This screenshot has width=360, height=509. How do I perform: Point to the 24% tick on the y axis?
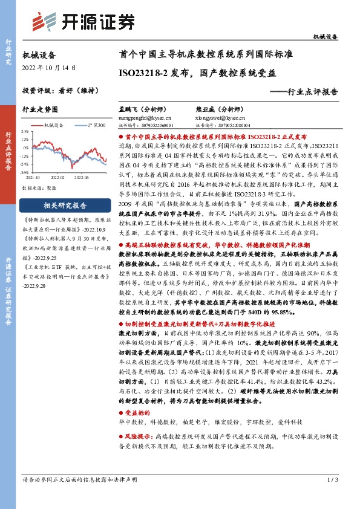pyautogui.click(x=26, y=130)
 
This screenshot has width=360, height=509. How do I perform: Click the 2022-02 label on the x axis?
pyautogui.click(x=57, y=178)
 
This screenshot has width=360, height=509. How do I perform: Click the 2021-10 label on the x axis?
pyautogui.click(x=34, y=178)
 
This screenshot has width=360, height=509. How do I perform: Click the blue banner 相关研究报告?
pyautogui.click(x=67, y=204)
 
